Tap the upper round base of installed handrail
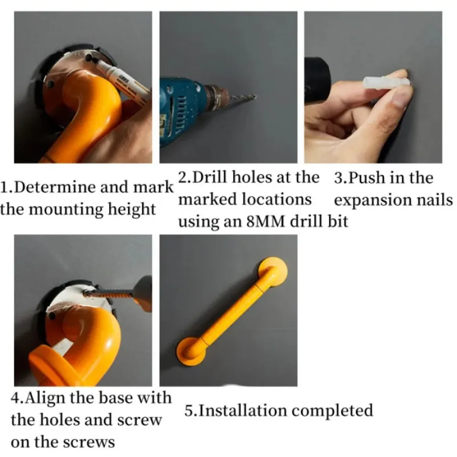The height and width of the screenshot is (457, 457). click(273, 271)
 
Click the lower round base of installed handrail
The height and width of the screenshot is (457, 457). click(191, 351)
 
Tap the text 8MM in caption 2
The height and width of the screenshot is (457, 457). click(265, 222)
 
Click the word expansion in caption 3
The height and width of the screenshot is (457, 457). click(372, 201)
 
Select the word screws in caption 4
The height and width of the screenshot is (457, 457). click(89, 443)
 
